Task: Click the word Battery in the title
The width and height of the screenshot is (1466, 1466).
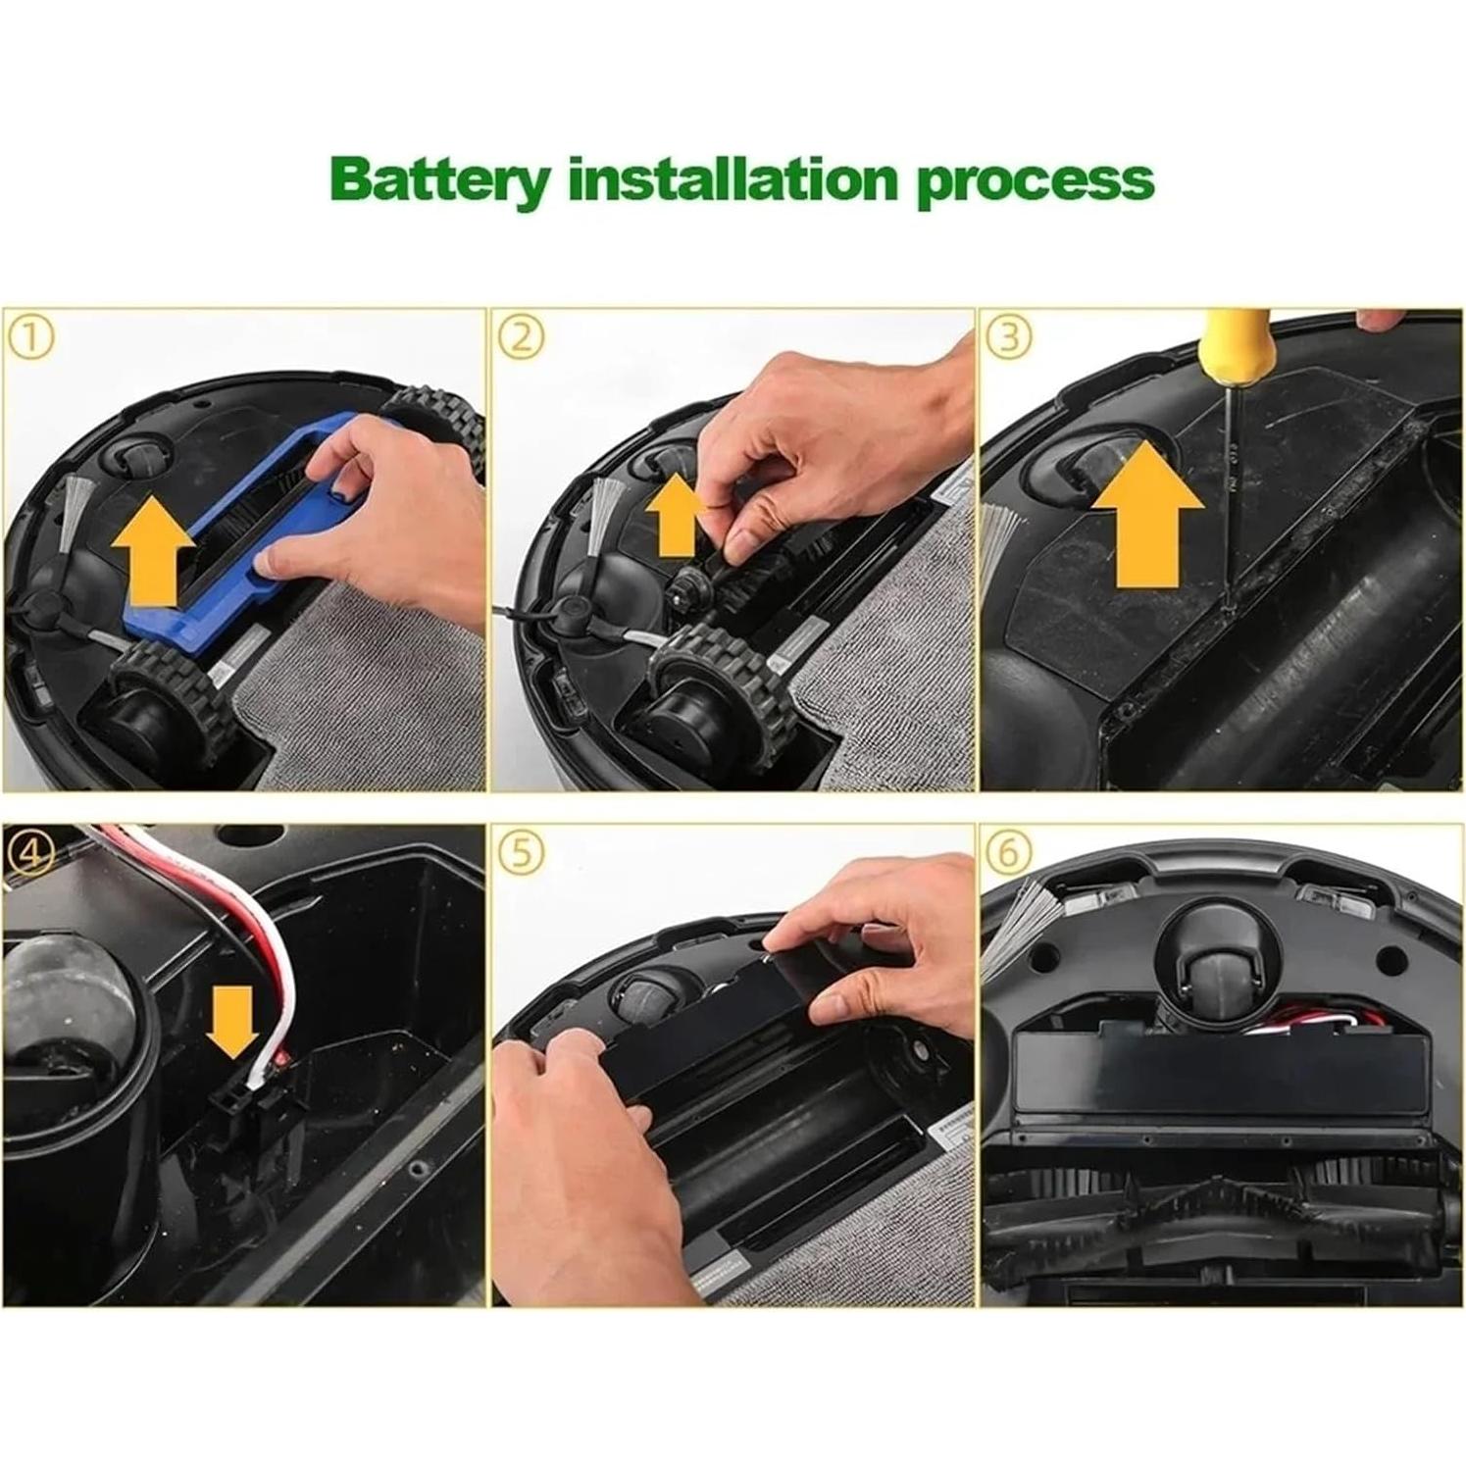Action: click(x=440, y=180)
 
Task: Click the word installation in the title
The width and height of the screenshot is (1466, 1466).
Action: click(x=733, y=178)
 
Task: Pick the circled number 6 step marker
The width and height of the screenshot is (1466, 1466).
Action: click(x=1009, y=853)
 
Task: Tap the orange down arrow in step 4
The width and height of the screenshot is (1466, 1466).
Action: click(x=233, y=1022)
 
